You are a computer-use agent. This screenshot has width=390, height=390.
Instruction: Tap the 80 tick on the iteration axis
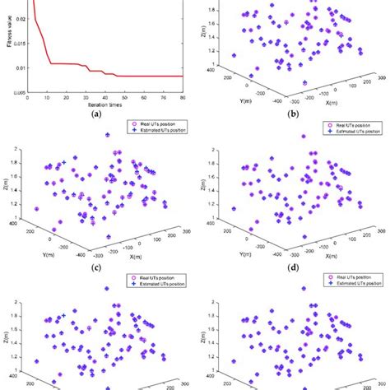pos(183,97)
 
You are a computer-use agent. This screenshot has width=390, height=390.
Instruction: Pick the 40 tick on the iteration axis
pos(104,97)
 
